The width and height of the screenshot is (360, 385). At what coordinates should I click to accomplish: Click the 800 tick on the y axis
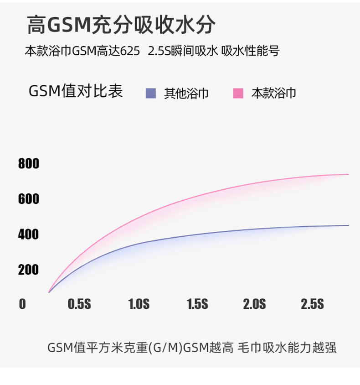[29, 163]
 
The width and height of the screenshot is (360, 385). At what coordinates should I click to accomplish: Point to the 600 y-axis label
[29, 199]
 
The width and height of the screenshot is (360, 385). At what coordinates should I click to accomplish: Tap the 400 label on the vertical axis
[29, 234]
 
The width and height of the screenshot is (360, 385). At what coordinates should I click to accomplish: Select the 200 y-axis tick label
[29, 270]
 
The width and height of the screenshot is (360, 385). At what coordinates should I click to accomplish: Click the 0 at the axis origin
[22, 304]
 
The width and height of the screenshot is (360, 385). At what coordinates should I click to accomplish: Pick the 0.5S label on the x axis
[79, 304]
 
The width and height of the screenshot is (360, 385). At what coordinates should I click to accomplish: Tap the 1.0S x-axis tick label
[139, 304]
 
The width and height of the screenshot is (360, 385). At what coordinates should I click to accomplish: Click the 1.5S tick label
[197, 304]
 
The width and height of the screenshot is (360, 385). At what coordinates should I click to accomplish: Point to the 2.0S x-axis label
[254, 304]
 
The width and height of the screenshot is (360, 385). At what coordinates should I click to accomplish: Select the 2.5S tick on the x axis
[312, 304]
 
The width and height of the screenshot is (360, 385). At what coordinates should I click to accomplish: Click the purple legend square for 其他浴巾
[151, 93]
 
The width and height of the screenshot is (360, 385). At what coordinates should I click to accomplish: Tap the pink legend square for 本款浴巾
[238, 93]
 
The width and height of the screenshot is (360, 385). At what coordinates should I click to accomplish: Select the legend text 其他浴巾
[186, 94]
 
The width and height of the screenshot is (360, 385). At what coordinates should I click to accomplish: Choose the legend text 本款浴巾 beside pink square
[274, 94]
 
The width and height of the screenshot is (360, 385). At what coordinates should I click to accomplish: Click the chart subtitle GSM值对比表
[76, 91]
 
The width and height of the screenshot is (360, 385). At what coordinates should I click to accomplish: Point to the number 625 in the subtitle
[131, 51]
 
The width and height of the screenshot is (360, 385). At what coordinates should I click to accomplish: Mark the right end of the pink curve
[348, 174]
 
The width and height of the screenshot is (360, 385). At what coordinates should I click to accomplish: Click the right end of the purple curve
[348, 225]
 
